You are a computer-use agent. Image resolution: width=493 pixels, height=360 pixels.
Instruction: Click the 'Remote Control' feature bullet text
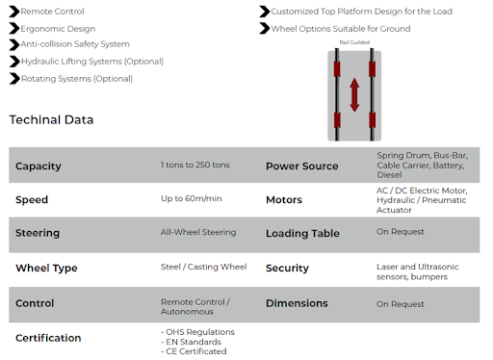[x=52, y=12]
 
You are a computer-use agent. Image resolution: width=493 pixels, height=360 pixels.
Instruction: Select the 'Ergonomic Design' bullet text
[x=58, y=29]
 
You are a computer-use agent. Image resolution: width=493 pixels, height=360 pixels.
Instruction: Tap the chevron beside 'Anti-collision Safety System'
[x=14, y=44]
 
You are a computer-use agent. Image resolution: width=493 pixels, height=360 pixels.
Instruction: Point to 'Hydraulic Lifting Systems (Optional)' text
[x=92, y=62]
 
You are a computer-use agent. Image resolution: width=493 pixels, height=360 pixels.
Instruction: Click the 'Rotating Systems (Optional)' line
[x=77, y=79]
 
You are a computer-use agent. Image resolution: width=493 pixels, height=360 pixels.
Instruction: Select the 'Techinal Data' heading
[x=51, y=119]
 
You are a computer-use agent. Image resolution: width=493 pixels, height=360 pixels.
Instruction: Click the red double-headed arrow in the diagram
[x=354, y=95]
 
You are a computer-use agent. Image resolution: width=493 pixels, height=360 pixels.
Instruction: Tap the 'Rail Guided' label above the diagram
[x=354, y=42]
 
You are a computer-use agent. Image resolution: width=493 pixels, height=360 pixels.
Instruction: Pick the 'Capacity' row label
[x=39, y=167]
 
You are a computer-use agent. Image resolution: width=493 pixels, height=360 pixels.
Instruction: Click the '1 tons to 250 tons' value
[x=195, y=165]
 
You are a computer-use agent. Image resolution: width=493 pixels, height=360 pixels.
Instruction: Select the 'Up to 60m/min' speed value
[x=192, y=198]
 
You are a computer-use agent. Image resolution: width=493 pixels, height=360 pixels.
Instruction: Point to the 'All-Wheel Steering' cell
[x=198, y=232]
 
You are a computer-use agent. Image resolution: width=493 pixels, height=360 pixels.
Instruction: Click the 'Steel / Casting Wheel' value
[x=204, y=267]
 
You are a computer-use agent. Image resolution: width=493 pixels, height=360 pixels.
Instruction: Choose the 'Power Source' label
[x=302, y=167]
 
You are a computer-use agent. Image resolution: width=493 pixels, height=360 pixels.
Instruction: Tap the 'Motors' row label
[x=284, y=200]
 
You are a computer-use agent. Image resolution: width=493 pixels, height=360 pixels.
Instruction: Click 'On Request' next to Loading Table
[x=401, y=232]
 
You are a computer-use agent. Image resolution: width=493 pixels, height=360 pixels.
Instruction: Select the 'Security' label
[x=287, y=268]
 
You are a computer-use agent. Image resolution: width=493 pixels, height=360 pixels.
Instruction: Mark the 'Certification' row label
[x=48, y=338]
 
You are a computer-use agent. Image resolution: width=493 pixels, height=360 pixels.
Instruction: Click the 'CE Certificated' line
[x=194, y=351]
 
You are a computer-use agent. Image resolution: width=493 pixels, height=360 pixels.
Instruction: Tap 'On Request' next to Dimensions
[x=401, y=304]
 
